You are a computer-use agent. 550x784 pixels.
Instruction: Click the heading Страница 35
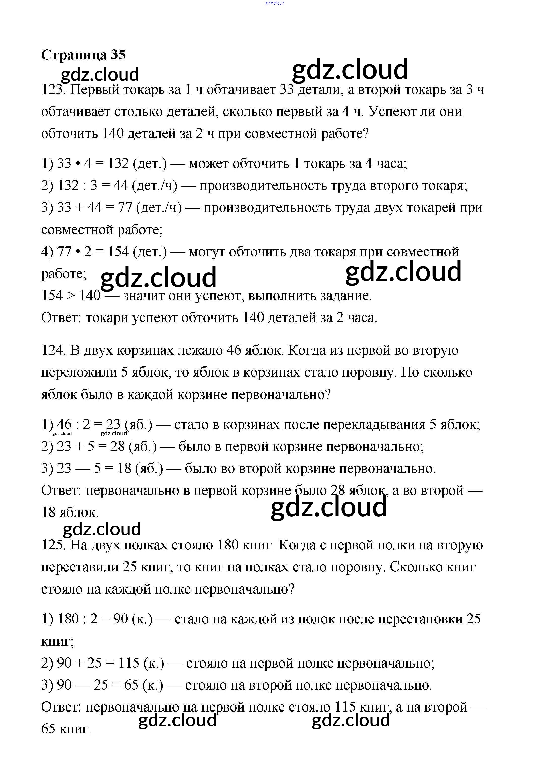click(x=83, y=55)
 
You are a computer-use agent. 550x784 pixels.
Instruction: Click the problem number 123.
click(x=53, y=90)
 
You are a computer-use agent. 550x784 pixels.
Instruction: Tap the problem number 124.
click(x=53, y=350)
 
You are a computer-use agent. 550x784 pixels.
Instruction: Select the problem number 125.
click(x=53, y=545)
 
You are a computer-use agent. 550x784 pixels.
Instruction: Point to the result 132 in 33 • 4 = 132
click(x=118, y=164)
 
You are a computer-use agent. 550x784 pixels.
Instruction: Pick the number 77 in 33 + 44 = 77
click(x=125, y=208)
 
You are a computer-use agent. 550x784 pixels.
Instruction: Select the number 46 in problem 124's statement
click(x=234, y=350)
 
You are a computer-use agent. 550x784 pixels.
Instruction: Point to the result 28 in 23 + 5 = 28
click(x=117, y=447)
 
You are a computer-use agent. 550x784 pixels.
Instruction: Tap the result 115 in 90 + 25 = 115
click(x=129, y=663)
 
